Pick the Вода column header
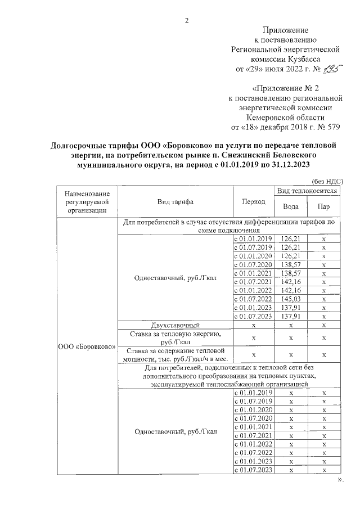[291, 206]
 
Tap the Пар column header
[323, 206]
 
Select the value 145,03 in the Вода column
[291, 298]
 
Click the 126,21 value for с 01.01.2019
[291, 239]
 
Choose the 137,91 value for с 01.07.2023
[291, 316]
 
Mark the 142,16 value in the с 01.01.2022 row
[291, 290]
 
